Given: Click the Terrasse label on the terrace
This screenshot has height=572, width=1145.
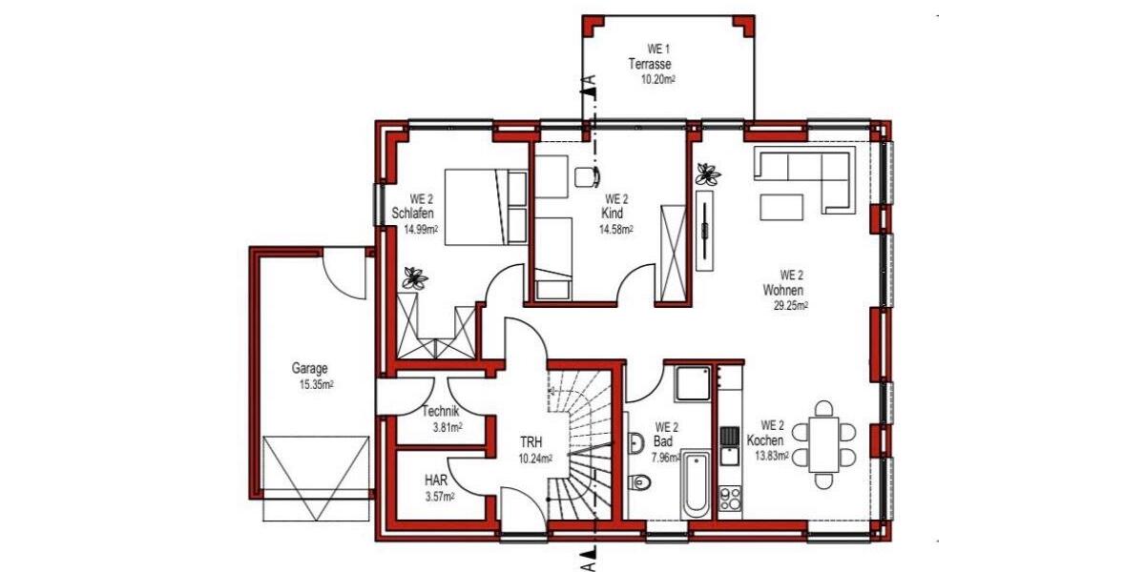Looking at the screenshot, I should tap(650, 64).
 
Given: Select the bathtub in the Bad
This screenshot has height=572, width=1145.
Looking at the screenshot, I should tap(696, 484).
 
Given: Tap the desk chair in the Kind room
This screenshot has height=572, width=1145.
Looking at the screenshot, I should tap(587, 175).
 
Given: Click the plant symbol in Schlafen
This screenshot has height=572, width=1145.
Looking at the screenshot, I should tap(414, 277).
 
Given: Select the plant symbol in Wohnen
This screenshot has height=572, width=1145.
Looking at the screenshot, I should tap(708, 174).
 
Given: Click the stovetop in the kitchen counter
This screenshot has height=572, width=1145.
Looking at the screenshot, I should tap(730, 498).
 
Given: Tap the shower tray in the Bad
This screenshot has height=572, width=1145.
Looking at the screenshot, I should tap(693, 383).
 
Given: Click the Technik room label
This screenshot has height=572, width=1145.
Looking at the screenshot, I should tap(442, 412).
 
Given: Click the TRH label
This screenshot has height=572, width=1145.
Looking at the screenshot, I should tap(531, 443).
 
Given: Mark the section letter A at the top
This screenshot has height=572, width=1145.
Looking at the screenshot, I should tap(591, 81).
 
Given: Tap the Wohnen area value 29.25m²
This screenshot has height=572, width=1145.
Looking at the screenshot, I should tap(791, 306).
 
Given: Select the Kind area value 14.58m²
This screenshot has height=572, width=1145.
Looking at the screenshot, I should tap(616, 229).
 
